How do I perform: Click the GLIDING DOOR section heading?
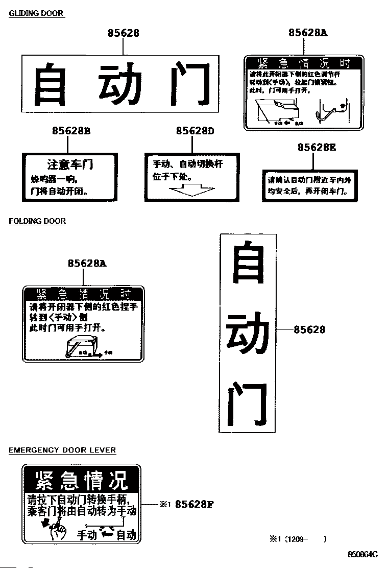coord(36,13)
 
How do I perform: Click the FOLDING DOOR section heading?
coord(37,221)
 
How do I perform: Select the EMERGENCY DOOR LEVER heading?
coord(62,450)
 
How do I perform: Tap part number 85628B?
coord(71,131)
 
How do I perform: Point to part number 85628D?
coord(195,131)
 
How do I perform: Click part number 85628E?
coord(317,147)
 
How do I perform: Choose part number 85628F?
coord(194,505)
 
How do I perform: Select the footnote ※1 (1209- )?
coord(298,538)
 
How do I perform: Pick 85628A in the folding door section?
coord(87,264)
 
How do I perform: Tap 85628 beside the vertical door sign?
coord(309,330)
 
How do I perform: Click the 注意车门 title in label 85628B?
coord(70,164)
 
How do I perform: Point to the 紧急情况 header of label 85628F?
coord(81,480)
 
